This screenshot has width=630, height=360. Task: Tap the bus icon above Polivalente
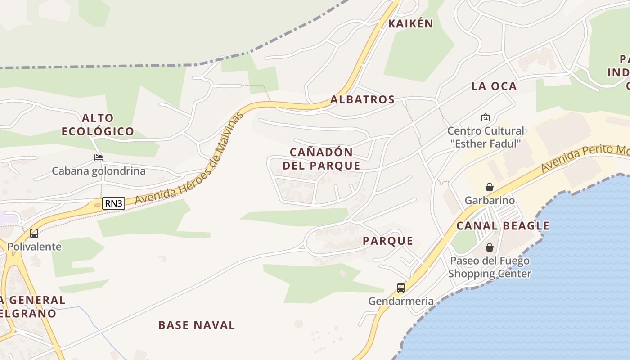(x=34, y=234)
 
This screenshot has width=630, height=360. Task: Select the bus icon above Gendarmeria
(x=400, y=288)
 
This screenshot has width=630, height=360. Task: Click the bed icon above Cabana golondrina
(x=99, y=157)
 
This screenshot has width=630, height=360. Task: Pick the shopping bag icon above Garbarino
(x=490, y=187)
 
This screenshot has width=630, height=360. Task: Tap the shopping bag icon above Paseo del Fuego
(x=490, y=247)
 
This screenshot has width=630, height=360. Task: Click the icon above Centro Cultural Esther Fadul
(x=486, y=117)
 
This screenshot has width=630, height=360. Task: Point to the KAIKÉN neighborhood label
(x=410, y=24)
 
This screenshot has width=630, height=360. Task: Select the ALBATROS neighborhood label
(x=362, y=99)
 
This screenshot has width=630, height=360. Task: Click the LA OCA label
(x=494, y=86)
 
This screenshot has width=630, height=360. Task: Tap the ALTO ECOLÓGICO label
(x=98, y=125)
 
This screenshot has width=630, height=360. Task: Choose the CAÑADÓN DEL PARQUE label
(x=321, y=158)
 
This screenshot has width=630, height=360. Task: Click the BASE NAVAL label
(x=197, y=325)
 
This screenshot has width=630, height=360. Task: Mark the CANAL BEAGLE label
(x=503, y=226)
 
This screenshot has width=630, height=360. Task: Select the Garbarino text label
(x=490, y=200)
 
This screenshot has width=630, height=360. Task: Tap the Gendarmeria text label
(x=401, y=301)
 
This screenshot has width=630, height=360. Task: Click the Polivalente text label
(x=34, y=247)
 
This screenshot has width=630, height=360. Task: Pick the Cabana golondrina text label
(x=99, y=171)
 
